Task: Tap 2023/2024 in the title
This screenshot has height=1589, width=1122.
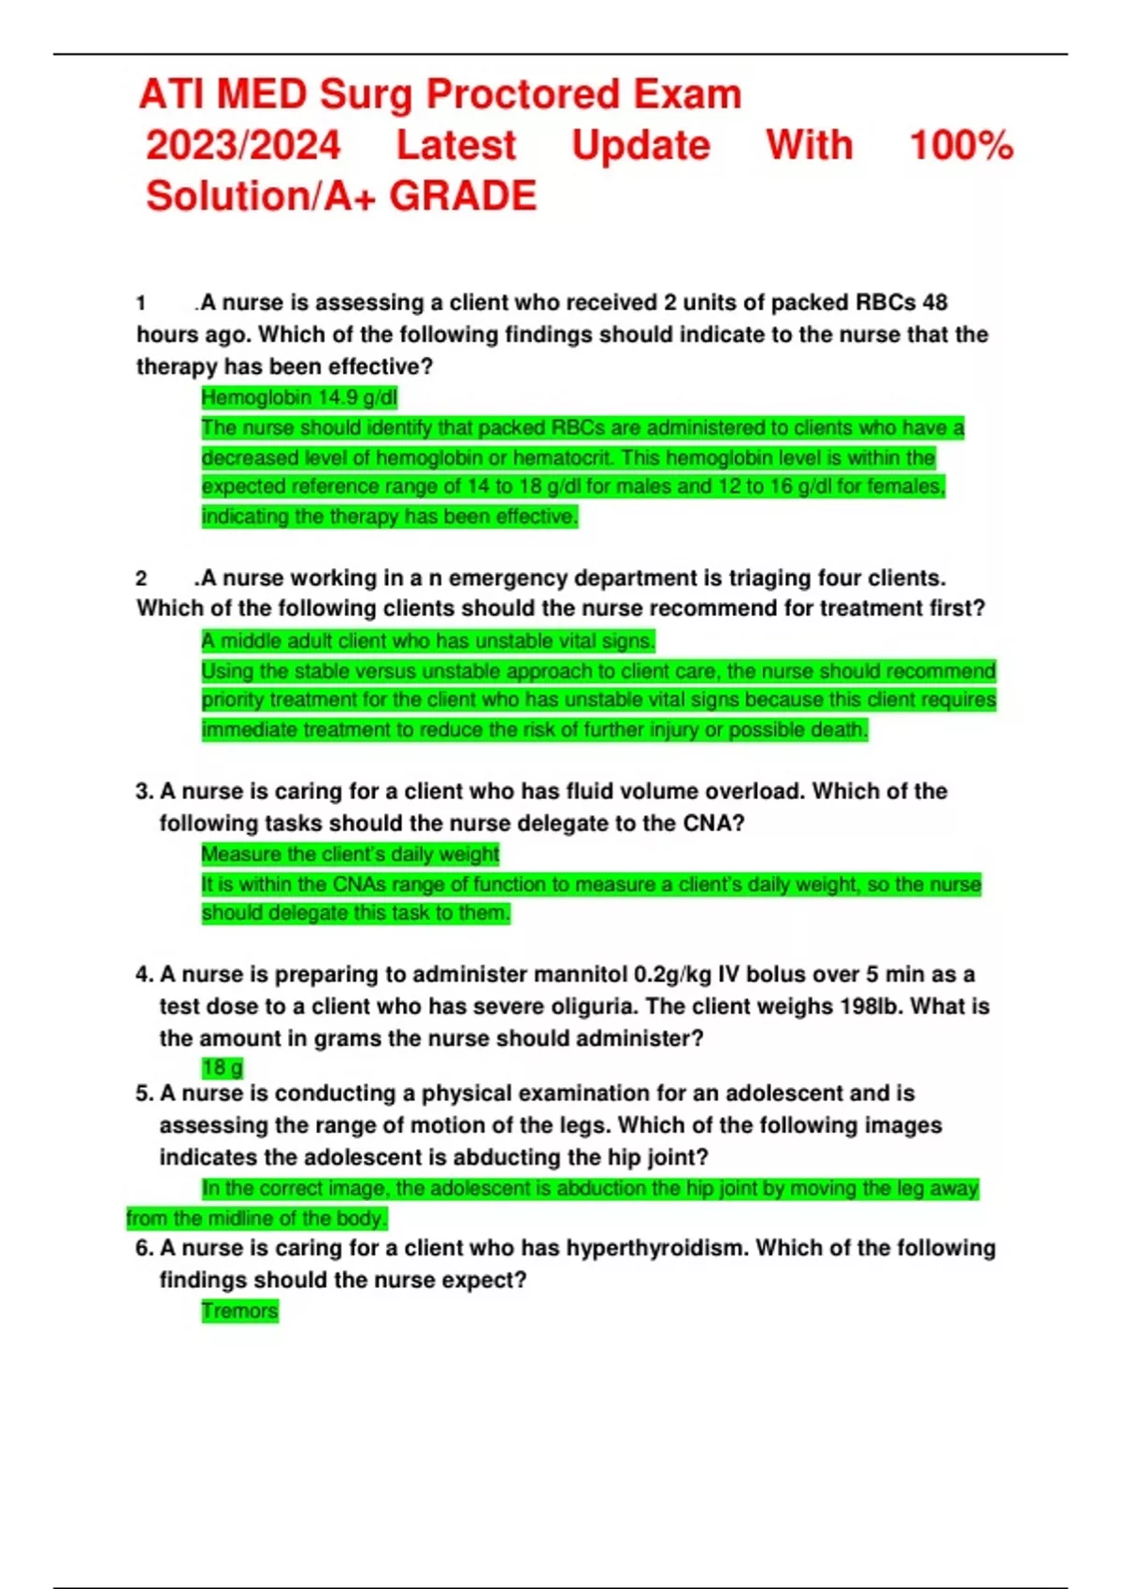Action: coord(243,146)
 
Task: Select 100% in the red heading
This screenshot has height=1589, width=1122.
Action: coord(961,146)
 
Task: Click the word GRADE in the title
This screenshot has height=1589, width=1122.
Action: coord(463,196)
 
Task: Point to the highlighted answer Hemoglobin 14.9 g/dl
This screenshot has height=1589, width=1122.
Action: coord(299,398)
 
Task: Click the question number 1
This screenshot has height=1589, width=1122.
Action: coord(141,303)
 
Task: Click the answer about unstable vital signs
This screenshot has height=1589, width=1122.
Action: coord(428,641)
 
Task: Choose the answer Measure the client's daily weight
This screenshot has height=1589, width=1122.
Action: coord(351,854)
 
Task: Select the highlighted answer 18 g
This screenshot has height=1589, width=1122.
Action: coord(223,1067)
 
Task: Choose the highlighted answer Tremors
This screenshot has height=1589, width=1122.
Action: coord(240,1311)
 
